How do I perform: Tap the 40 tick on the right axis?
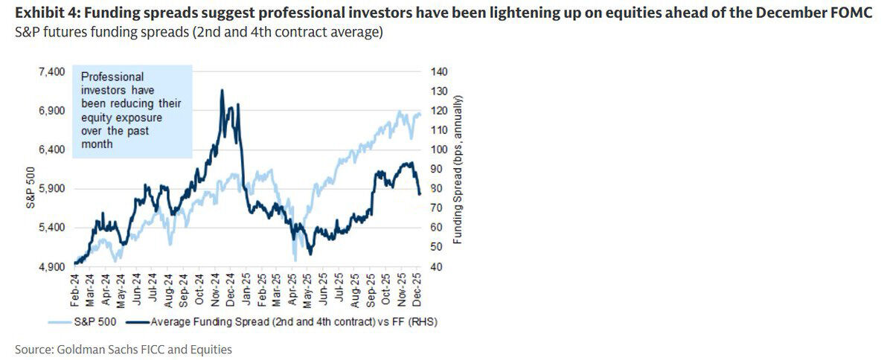click(434, 266)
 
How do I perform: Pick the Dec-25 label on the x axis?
click(417, 286)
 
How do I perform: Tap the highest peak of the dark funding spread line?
click(223, 90)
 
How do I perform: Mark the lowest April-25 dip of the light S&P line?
click(295, 260)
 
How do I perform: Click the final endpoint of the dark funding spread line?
click(420, 194)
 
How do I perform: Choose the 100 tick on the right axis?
click(436, 150)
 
